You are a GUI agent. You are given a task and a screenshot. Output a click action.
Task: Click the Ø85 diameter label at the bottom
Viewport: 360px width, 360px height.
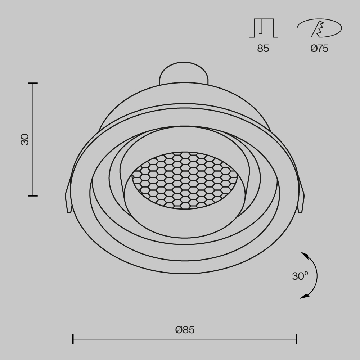(185, 329)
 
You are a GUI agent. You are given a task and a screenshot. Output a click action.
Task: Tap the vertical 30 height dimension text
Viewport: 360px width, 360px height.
(24, 139)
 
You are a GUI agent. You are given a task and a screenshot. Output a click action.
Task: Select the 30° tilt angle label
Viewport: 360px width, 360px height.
(300, 276)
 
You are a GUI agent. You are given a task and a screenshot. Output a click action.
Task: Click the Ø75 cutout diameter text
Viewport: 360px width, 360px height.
(319, 49)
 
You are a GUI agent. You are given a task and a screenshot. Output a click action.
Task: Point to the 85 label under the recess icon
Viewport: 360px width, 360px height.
(263, 49)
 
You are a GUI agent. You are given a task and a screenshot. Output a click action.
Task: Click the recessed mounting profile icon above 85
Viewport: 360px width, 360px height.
(264, 28)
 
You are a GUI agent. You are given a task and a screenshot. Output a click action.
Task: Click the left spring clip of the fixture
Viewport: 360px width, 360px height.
(67, 200)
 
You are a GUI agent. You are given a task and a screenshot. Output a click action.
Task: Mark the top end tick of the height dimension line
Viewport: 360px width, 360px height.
(33, 84)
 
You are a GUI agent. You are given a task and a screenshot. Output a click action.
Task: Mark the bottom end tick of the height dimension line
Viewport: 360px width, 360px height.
(33, 195)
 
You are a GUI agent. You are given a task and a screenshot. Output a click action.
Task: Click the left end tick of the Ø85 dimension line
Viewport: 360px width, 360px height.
(73, 339)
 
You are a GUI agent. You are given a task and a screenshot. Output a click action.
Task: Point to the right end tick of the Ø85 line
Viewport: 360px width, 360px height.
(296, 339)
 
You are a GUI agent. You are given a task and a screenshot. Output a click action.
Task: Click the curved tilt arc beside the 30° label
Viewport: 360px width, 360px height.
(316, 276)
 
